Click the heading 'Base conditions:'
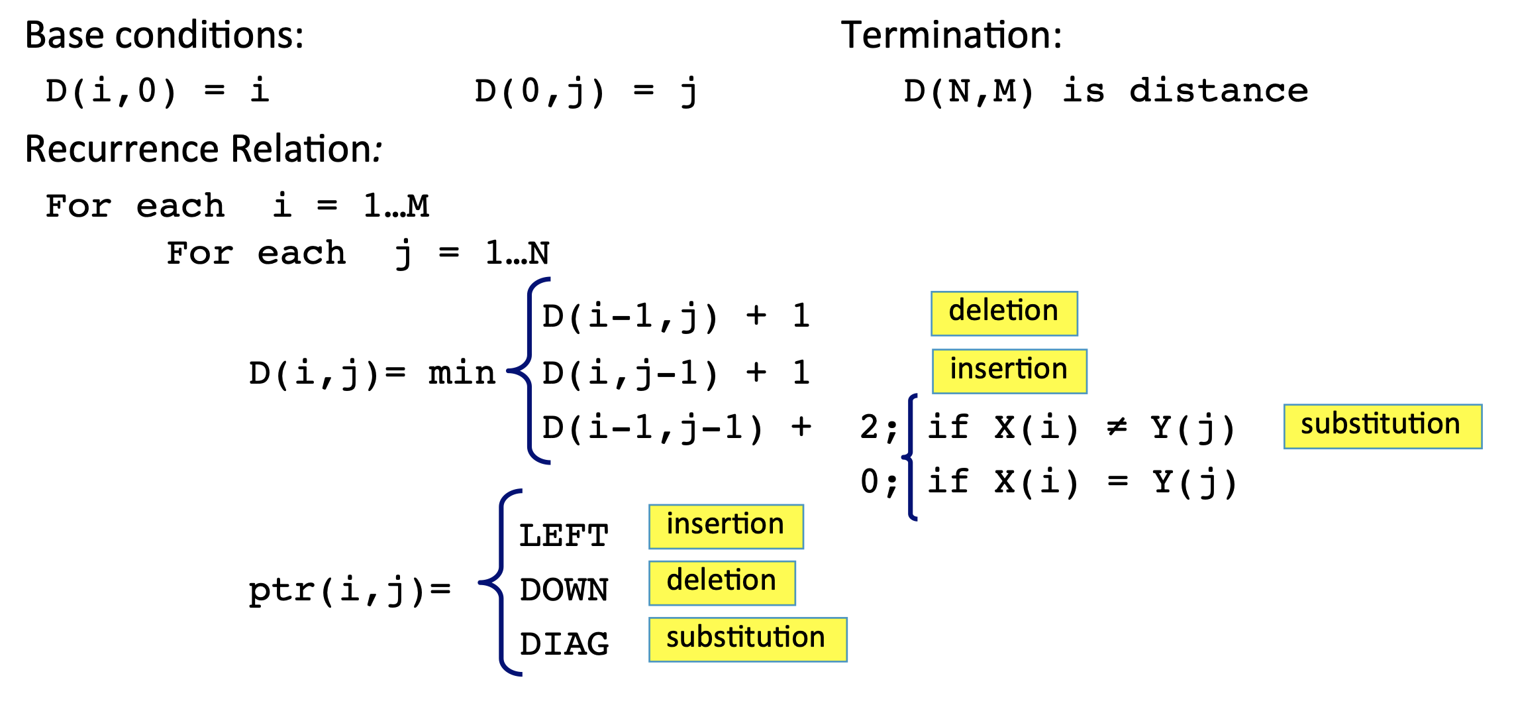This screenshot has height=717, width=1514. (164, 36)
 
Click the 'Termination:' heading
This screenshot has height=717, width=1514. (951, 36)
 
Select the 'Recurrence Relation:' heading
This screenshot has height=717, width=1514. (203, 149)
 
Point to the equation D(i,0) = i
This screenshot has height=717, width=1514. (157, 91)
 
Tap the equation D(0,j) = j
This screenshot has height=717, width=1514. (586, 91)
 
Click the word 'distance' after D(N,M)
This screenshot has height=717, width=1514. (1219, 91)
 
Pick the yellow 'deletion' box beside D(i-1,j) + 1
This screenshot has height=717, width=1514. (1004, 313)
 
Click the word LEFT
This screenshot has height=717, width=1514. (564, 536)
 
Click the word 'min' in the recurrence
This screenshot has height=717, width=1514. (462, 373)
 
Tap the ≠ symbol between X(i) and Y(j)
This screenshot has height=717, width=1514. (1117, 427)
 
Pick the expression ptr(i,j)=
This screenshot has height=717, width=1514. (349, 590)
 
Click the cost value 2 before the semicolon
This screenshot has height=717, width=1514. (869, 427)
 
